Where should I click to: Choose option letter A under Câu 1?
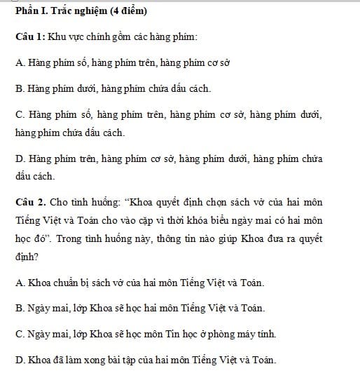point(18,62)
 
